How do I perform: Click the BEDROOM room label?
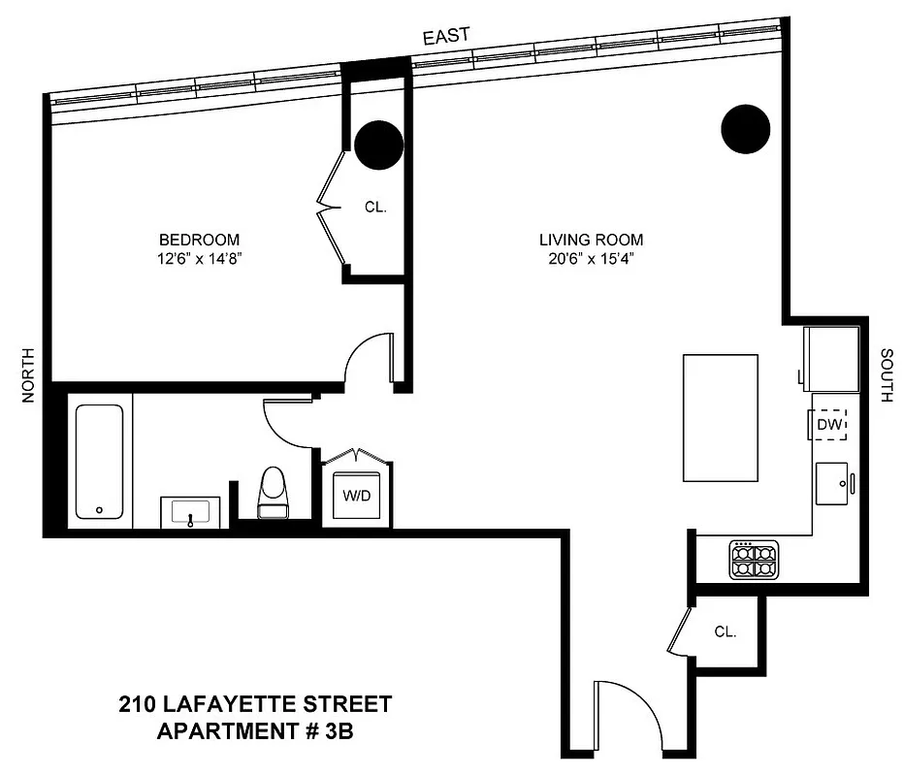tap(199, 240)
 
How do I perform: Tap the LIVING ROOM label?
tap(592, 240)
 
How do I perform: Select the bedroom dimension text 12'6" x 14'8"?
tap(199, 259)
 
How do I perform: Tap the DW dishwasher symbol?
tap(829, 425)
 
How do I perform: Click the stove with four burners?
tap(755, 560)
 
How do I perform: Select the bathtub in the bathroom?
tap(99, 460)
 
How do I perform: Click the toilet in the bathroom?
tap(273, 490)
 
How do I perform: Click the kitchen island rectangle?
tap(721, 417)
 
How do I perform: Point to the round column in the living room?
tap(746, 127)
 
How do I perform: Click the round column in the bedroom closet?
tap(377, 145)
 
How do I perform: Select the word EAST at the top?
tap(446, 36)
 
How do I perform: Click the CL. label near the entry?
tap(726, 631)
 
